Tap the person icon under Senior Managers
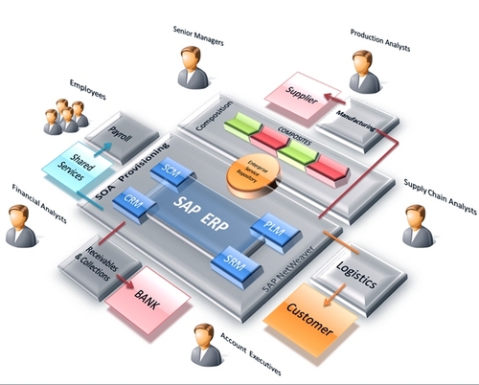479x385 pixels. click(x=188, y=67)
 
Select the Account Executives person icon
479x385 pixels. click(x=204, y=345)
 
